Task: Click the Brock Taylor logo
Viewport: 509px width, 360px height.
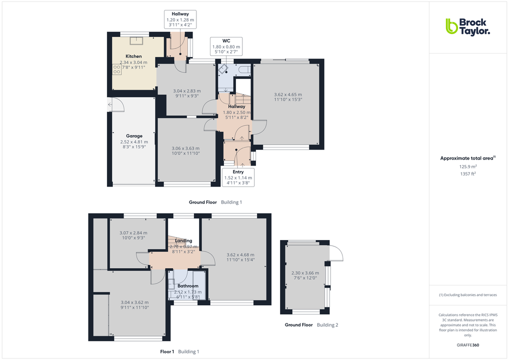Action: coord(467,26)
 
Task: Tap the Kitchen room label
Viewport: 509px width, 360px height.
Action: coord(133,56)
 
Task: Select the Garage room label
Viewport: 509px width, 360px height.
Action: coord(134,136)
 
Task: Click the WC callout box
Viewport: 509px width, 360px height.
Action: coord(226,46)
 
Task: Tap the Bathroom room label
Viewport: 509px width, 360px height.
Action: coord(188,286)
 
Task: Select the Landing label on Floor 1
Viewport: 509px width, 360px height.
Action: coord(183,241)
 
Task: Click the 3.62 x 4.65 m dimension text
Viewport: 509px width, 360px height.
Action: coord(288,94)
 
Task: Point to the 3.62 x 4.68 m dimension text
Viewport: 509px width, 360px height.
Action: coord(240,255)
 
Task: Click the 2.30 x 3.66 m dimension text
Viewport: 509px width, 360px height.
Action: coord(305,273)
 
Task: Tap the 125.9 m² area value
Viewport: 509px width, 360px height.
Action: coord(467,166)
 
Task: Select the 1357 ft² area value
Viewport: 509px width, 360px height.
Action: coord(467,173)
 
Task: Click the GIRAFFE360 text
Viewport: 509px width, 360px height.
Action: coord(467,345)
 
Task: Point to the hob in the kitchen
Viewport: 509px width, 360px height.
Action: coord(117,69)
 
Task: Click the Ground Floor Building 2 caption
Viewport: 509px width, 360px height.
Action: coord(311,325)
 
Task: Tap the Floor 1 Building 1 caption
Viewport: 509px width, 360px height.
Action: coord(179,352)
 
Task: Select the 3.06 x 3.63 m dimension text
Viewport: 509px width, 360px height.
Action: coord(185,148)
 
